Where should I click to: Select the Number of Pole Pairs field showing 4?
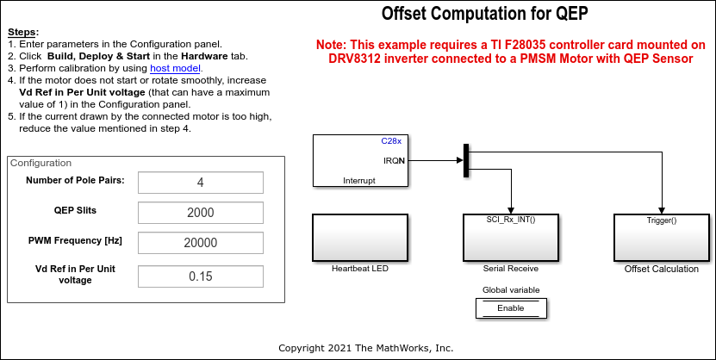coord(200,183)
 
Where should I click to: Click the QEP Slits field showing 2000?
coord(200,213)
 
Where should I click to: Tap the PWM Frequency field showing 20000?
coord(200,243)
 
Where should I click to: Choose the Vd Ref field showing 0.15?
coord(200,276)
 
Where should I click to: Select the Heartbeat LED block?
coord(359,238)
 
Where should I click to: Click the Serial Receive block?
coord(511,238)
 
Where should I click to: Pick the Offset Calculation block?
coord(661,238)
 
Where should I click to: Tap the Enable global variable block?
coord(510,307)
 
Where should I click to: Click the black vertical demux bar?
coord(466,160)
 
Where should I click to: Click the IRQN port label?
coord(394,159)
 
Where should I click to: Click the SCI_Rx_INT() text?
coord(511,220)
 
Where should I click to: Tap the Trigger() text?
coord(661,220)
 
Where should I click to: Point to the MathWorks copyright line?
coord(365,348)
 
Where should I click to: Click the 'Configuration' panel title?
coord(40,163)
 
